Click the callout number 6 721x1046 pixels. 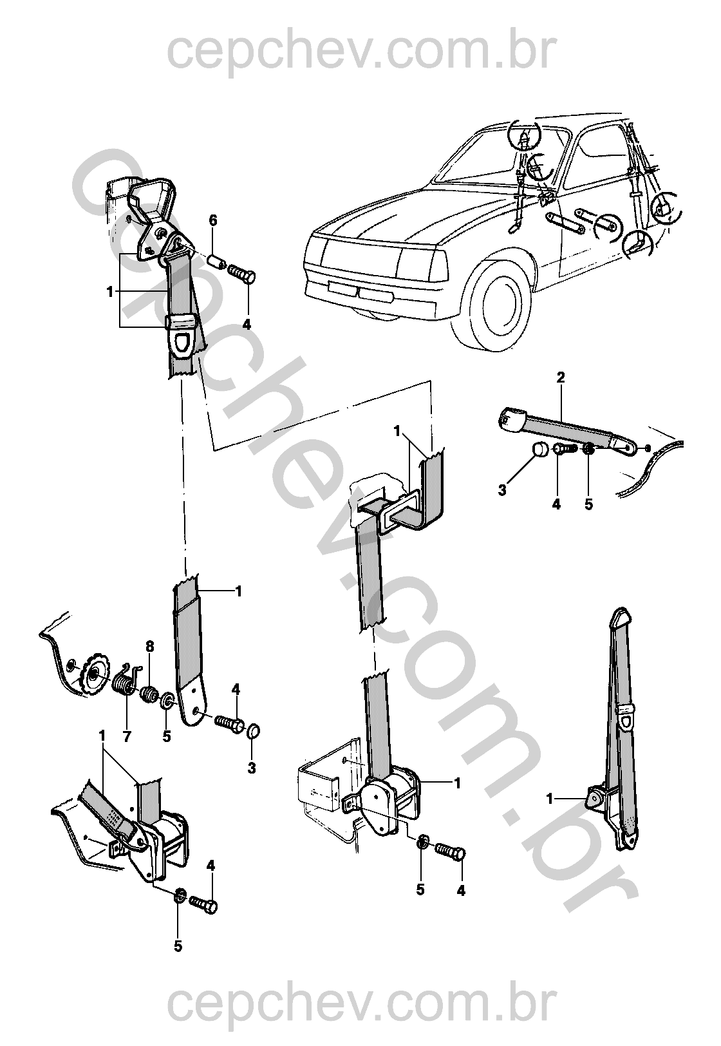tap(213, 220)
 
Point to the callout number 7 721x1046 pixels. tap(126, 737)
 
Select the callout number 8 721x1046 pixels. tap(150, 647)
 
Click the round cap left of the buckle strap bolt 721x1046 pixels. tap(540, 450)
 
